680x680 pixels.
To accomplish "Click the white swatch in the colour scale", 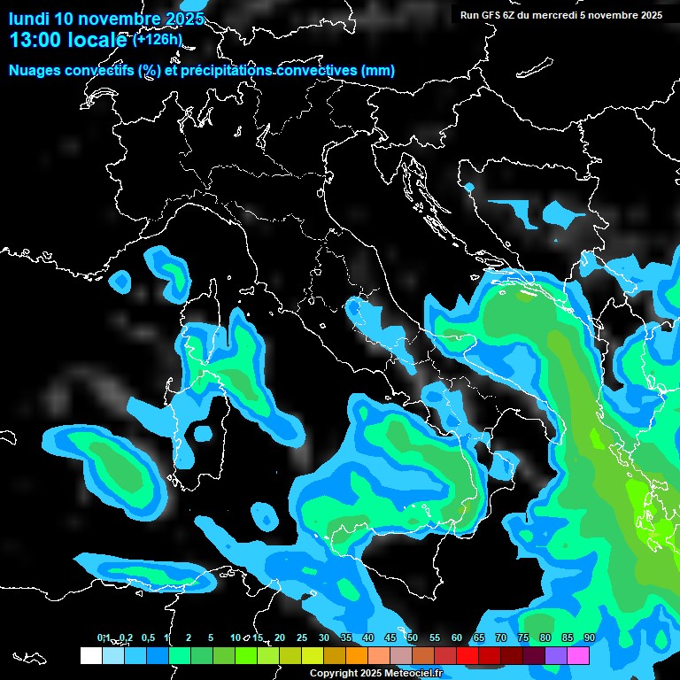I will (90, 655).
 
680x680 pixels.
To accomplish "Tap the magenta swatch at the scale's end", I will (578, 655).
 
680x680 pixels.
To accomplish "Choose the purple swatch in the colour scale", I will (556, 655).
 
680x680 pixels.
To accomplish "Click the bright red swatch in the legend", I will (467, 655).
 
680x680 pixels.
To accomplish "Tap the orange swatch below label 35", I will (357, 655).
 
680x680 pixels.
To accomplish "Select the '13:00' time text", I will (36, 40).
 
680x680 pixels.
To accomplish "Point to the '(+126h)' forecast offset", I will (158, 39).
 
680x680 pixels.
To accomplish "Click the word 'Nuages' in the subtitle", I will (34, 71).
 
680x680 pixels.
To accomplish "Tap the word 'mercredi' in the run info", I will (583, 15).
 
